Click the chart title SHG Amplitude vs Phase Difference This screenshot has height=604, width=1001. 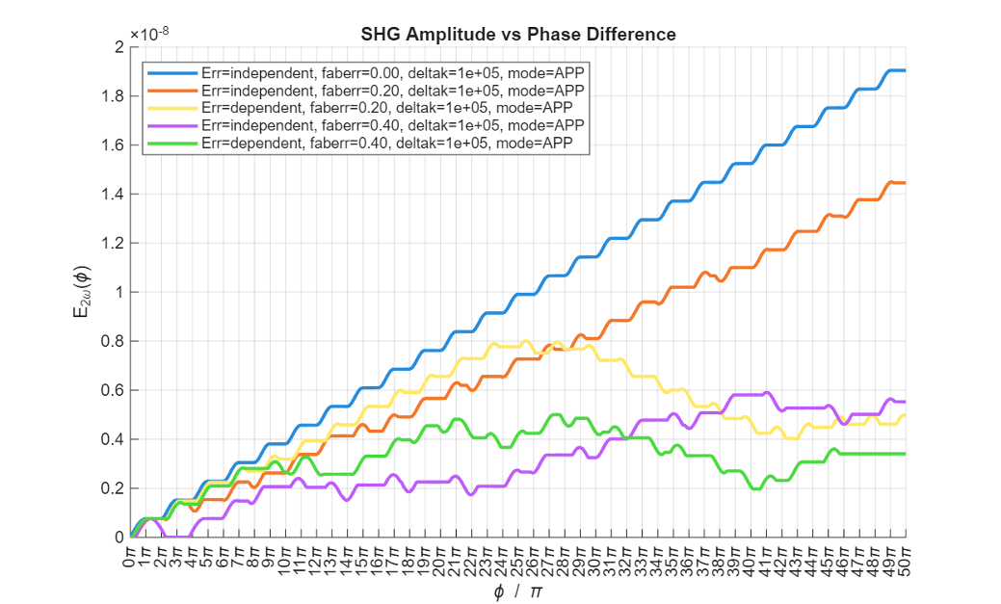pyautogui.click(x=517, y=35)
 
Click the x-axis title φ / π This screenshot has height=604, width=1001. pyautogui.click(x=517, y=591)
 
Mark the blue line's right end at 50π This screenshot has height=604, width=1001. pyautogui.click(x=905, y=70)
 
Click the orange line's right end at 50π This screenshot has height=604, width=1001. pyautogui.click(x=905, y=183)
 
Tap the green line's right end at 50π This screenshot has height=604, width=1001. pyautogui.click(x=905, y=454)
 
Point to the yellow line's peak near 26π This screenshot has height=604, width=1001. pyautogui.click(x=526, y=341)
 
